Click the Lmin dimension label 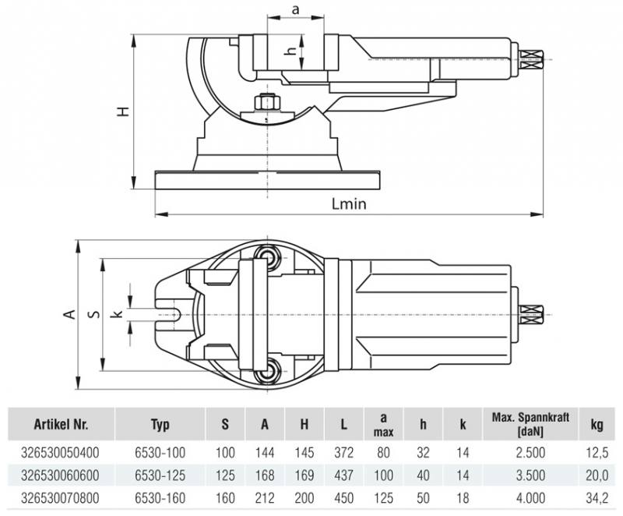[348, 204]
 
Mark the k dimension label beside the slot [117, 314]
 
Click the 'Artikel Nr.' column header [61, 425]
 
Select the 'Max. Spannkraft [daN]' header [530, 425]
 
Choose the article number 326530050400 [62, 451]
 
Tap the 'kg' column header [597, 425]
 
